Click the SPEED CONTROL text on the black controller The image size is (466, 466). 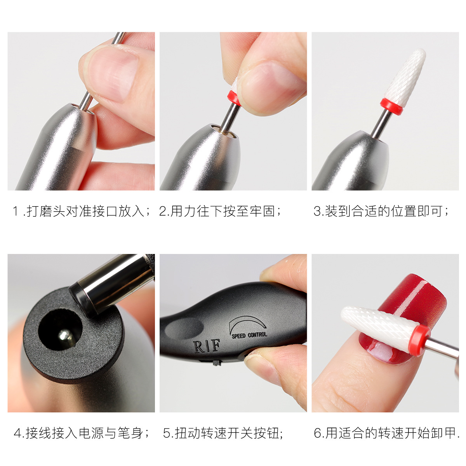249,335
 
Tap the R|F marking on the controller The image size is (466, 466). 206,346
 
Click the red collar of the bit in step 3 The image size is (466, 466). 391,106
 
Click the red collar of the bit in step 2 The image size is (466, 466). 233,98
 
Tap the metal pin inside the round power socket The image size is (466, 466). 64,336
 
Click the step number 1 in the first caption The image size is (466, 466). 16,211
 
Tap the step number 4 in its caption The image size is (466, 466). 17,433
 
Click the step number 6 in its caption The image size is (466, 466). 318,433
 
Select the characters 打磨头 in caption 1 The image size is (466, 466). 46,211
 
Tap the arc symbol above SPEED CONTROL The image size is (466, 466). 247,324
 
